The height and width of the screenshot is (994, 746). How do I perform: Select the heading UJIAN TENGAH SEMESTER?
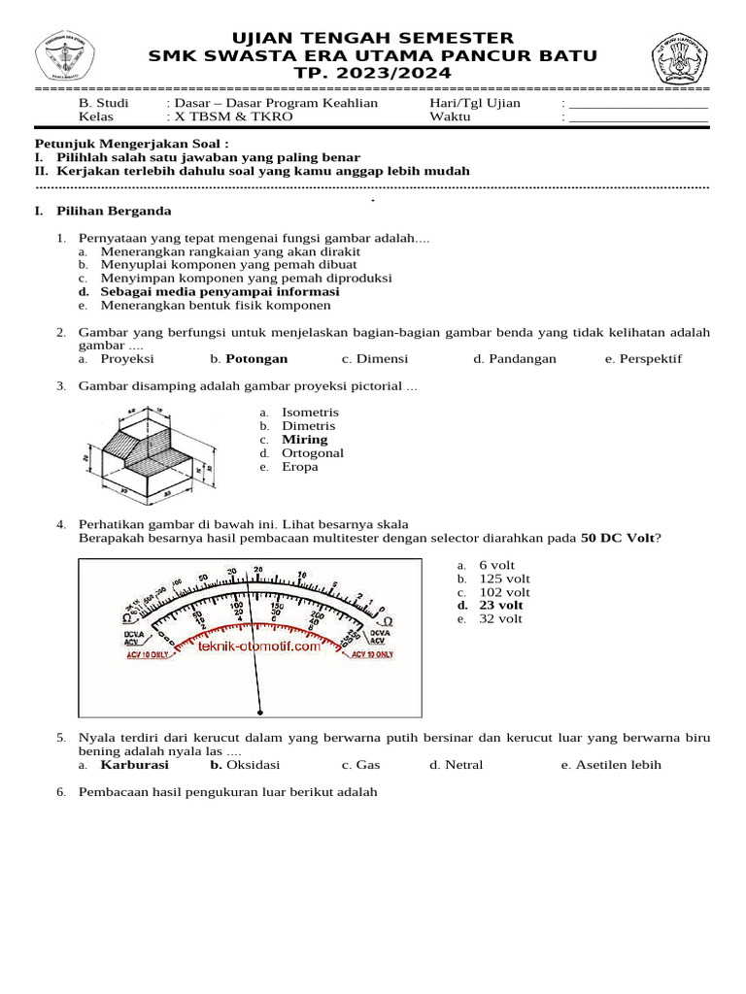[372, 38]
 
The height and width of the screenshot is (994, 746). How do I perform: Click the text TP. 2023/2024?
[372, 74]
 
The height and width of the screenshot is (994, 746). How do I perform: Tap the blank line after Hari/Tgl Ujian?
[637, 104]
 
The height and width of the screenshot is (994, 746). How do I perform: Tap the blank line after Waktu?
[637, 117]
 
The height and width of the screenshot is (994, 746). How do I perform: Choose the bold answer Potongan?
[256, 358]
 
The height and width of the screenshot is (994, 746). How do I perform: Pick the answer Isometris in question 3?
[310, 413]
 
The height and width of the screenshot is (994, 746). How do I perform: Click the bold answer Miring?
[304, 440]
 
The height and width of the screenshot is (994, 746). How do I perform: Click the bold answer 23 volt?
[500, 606]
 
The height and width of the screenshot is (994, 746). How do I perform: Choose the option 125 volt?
[504, 579]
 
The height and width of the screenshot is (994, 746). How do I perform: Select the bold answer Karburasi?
[134, 765]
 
